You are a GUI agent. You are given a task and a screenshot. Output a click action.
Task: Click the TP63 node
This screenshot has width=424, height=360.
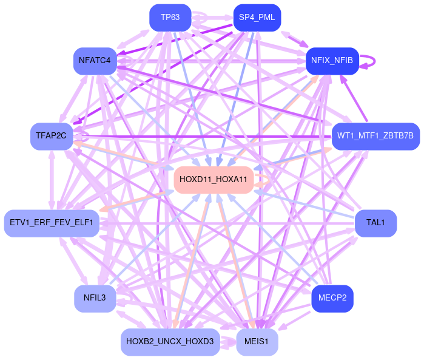(170, 17)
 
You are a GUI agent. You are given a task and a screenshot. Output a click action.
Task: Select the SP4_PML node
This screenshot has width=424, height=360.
(257, 17)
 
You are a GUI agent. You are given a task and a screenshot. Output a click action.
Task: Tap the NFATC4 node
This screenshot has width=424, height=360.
(95, 60)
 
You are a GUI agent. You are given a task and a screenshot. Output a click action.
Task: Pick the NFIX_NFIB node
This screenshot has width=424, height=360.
(332, 60)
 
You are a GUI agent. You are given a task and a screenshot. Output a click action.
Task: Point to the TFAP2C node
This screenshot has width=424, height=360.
(51, 135)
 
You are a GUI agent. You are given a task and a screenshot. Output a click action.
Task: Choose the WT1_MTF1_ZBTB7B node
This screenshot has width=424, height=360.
(375, 135)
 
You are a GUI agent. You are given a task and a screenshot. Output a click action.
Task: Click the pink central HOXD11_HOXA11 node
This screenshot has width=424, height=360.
(214, 179)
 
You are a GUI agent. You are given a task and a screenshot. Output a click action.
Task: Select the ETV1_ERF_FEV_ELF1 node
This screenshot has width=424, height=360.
(51, 223)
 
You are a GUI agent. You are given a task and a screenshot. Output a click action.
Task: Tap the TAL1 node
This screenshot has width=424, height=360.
(375, 223)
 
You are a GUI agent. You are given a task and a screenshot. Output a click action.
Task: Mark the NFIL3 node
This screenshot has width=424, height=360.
(95, 298)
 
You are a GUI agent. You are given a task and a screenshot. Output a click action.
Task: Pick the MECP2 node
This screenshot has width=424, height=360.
(332, 298)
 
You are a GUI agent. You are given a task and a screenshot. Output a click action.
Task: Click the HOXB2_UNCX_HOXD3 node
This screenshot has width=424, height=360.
(170, 342)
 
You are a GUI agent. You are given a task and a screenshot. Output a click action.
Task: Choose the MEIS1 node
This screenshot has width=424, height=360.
(257, 342)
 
